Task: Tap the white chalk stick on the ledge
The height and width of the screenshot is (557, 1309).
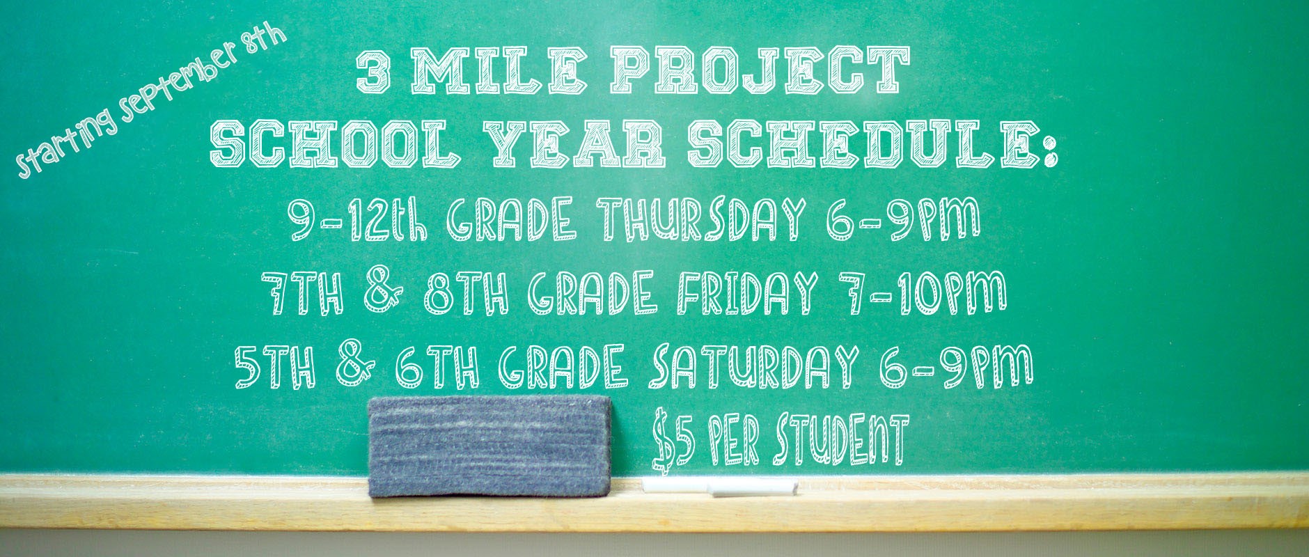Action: (719, 486)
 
